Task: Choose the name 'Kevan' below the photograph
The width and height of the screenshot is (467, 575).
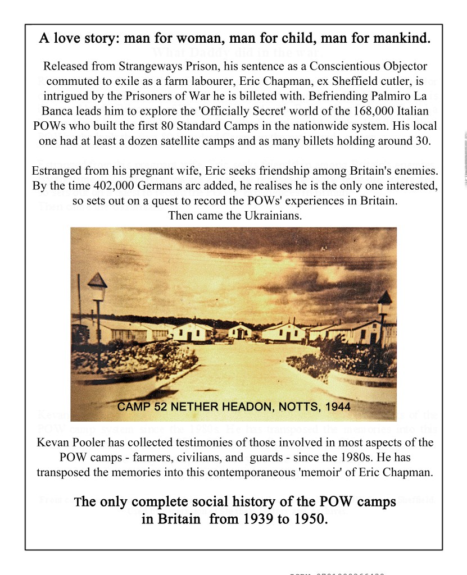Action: tap(52, 442)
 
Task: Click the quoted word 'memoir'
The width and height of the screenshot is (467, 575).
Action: tap(324, 472)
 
